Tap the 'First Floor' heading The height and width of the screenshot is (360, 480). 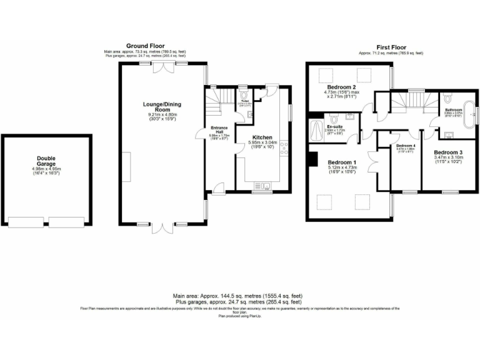pos(391,47)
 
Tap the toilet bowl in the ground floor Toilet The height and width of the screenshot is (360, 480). pos(244,98)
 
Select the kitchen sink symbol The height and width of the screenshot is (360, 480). pos(262,184)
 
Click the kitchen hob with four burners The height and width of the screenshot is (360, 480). pos(284,148)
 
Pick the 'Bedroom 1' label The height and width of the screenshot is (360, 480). pos(341,163)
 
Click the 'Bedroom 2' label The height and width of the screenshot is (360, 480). pos(341,87)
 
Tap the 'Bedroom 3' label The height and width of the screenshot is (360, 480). pos(447,152)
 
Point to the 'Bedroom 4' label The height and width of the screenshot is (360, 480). pos(406,146)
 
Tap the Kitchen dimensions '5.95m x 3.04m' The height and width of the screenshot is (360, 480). pos(262,143)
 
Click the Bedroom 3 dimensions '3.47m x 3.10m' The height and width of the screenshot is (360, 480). pos(447,158)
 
